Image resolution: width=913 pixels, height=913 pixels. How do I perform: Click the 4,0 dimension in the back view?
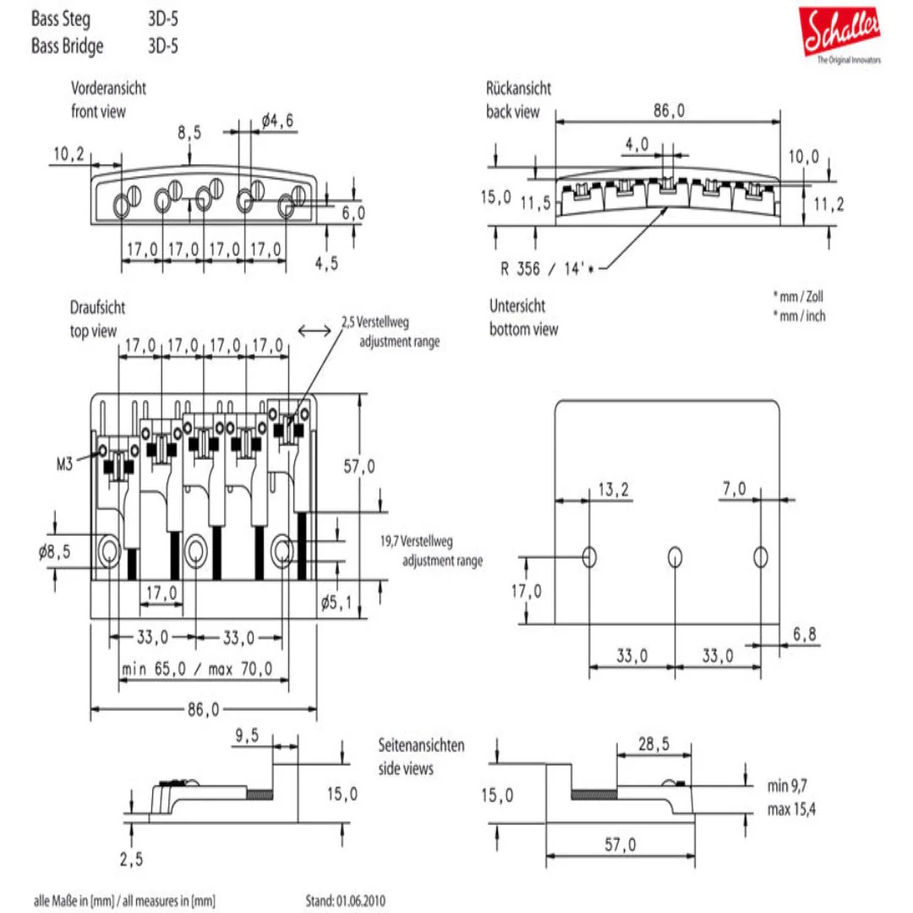pyautogui.click(x=637, y=145)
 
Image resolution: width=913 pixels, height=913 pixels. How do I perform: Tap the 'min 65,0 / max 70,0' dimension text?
pyautogui.click(x=196, y=670)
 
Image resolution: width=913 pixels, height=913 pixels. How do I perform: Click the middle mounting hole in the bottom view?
pyautogui.click(x=675, y=556)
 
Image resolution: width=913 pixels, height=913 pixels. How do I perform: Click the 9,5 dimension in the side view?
pyautogui.click(x=247, y=736)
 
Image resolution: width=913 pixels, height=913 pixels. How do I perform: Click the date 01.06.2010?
pyautogui.click(x=364, y=901)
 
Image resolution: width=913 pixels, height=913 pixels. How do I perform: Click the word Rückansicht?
pyautogui.click(x=518, y=89)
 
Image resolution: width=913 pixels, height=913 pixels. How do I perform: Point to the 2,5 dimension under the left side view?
pyautogui.click(x=131, y=860)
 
